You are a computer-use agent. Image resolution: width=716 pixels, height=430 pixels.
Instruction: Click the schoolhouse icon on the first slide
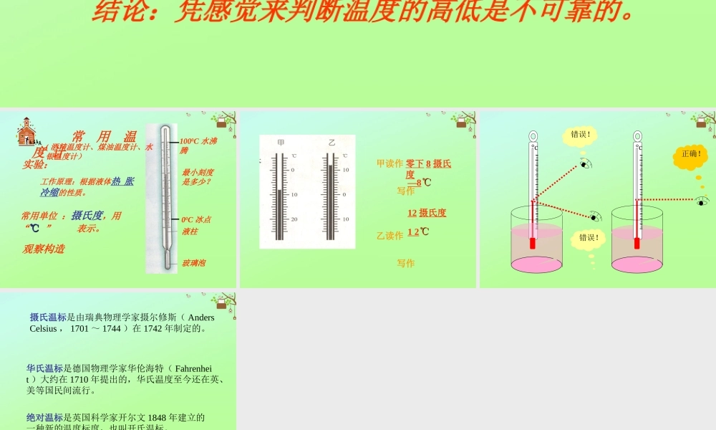pos(26,131)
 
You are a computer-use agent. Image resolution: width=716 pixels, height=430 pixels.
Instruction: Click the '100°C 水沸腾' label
pos(198,145)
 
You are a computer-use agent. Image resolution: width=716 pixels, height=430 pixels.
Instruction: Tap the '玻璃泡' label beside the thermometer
pos(194,263)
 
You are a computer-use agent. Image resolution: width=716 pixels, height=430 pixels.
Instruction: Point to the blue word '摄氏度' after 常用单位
pos(87,215)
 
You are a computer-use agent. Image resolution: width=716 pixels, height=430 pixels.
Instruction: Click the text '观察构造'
pos(44,249)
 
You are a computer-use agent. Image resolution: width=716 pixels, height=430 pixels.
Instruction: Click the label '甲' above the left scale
pos(281,143)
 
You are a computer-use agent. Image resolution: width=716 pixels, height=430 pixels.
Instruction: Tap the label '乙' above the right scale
pos(332,143)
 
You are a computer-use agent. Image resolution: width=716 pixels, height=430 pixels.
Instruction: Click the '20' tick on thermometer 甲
pos(294,219)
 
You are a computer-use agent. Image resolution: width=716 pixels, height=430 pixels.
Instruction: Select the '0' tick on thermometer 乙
pos(345,194)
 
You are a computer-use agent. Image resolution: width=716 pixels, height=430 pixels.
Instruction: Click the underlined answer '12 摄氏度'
pos(427,213)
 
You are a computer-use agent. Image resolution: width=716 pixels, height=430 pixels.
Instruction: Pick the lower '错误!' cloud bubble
pos(589,238)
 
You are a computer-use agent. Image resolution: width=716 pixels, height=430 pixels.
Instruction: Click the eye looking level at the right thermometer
pos(702,201)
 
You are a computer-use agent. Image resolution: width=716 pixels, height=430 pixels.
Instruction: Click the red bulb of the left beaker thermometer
pos(532,244)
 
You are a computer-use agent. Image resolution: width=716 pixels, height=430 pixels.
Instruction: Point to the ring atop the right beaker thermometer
pos(637,135)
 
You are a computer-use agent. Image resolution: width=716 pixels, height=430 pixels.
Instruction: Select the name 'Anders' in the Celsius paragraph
pos(201,317)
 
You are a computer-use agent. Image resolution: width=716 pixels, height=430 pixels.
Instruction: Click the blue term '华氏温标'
pos(45,369)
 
